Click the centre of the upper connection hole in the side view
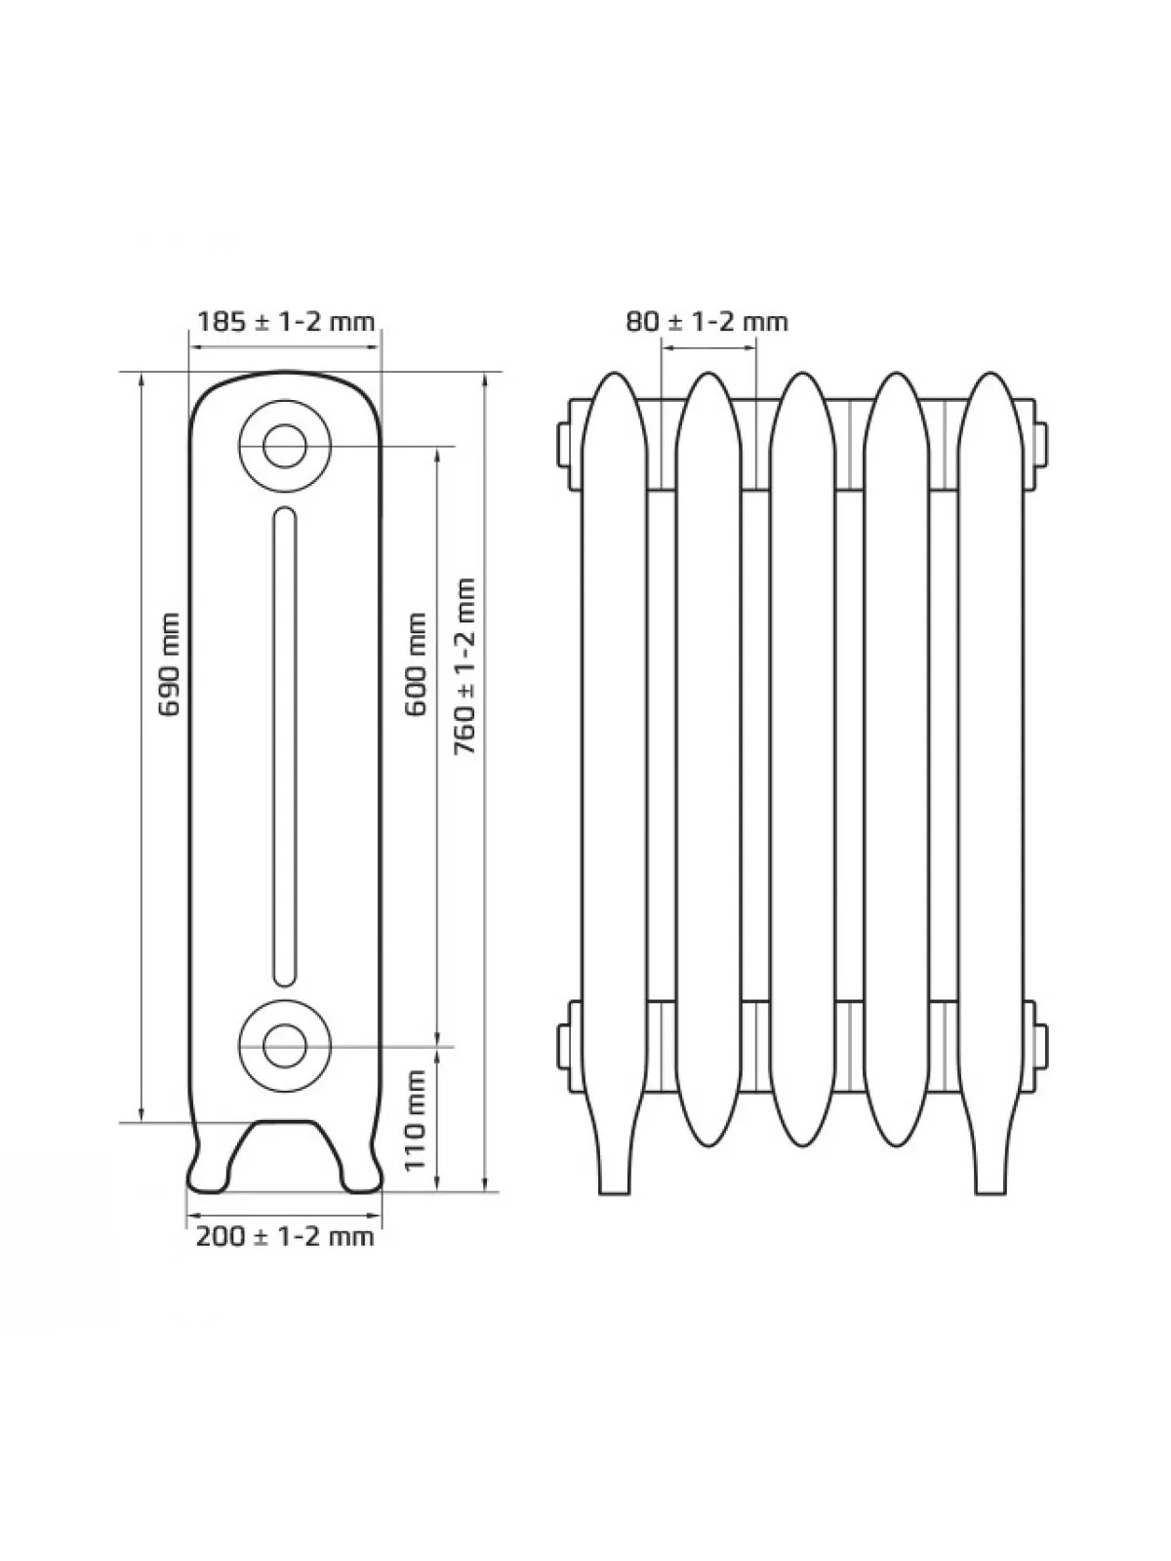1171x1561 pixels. (284, 447)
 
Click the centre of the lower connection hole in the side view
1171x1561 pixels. (284, 1046)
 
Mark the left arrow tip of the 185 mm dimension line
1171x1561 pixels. (189, 347)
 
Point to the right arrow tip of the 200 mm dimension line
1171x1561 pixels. (382, 1215)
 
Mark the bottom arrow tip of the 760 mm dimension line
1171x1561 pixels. (485, 1190)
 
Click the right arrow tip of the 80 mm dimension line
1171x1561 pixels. (755, 347)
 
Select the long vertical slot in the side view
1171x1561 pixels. (284, 746)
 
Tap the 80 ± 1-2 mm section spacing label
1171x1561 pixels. (707, 322)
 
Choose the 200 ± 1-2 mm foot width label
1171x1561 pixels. (284, 1237)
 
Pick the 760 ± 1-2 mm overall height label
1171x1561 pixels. (465, 666)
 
